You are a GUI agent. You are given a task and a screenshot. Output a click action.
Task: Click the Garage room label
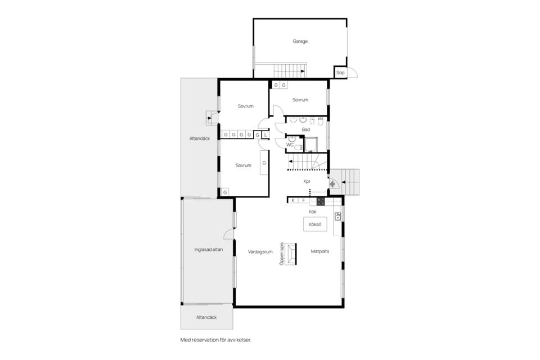[x=300, y=41]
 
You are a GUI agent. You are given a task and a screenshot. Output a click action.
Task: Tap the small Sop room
[x=340, y=73]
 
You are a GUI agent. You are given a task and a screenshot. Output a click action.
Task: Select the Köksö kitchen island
[x=315, y=224]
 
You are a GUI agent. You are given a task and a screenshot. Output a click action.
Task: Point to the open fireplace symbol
[x=291, y=254]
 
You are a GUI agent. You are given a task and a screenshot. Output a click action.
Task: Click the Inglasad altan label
[x=208, y=249]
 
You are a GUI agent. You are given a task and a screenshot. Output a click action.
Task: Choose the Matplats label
[x=320, y=251]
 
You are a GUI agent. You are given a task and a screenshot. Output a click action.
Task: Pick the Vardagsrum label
[x=260, y=252]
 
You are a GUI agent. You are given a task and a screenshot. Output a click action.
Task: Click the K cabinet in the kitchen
[x=294, y=200]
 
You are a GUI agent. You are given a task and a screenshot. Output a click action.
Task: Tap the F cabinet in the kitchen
[x=303, y=200]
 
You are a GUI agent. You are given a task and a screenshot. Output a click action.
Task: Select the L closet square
[x=265, y=135]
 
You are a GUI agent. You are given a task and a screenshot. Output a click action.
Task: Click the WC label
[x=290, y=145]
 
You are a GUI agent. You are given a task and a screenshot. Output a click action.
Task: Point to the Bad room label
[x=305, y=129]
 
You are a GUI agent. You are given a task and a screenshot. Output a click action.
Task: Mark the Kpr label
[x=307, y=181]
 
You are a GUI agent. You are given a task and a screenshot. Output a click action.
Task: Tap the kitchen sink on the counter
[x=338, y=216]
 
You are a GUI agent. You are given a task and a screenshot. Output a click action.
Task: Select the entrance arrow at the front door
[x=332, y=184]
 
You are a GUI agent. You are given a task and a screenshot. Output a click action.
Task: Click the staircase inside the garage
[x=290, y=71]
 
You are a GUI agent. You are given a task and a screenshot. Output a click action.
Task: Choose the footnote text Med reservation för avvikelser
[x=216, y=340]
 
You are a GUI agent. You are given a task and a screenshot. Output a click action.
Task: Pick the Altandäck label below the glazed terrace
[x=206, y=317]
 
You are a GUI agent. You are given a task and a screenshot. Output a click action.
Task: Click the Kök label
[x=312, y=212]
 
